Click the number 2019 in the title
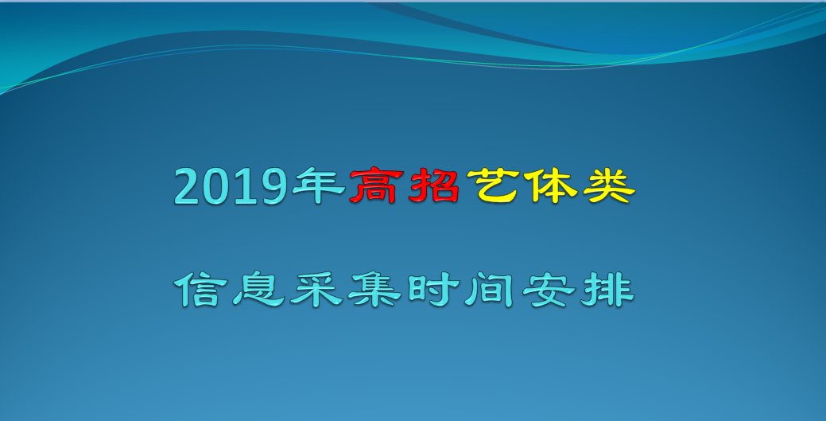(231, 186)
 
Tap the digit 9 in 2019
(274, 186)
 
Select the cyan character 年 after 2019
(319, 185)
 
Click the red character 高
(376, 185)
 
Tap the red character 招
(433, 185)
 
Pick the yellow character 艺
(493, 185)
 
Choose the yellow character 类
(609, 185)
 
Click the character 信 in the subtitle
(200, 289)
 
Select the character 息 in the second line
(258, 289)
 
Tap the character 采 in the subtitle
(316, 289)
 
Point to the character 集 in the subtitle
(374, 289)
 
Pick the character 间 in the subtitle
(490, 289)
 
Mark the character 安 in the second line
(549, 289)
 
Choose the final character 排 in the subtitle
(607, 289)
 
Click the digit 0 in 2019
(216, 186)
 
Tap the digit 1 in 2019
(244, 186)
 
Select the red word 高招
(405, 185)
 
